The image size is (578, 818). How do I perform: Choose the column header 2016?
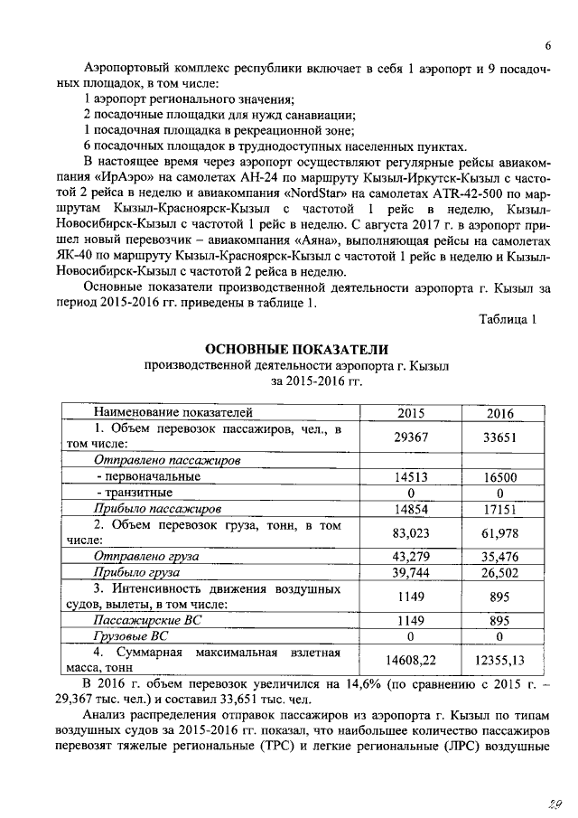[499, 413]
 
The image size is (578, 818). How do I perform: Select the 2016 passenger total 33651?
[499, 436]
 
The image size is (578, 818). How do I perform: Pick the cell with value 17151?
[499, 509]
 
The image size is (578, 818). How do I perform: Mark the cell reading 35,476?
[499, 557]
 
